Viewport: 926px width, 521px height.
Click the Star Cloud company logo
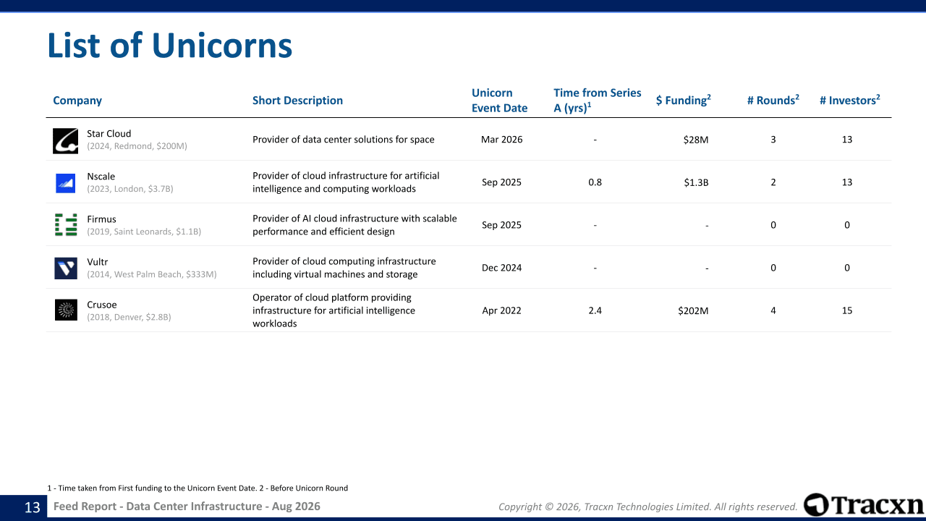click(x=65, y=141)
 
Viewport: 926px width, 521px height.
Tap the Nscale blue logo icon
click(x=65, y=183)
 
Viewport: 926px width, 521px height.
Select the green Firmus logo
click(x=66, y=225)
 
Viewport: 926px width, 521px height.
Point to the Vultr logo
click(x=66, y=268)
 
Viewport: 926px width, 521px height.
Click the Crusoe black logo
click(x=66, y=310)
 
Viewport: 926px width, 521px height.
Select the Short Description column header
click(x=297, y=101)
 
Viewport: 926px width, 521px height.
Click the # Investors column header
click(x=850, y=100)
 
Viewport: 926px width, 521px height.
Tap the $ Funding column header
click(x=684, y=100)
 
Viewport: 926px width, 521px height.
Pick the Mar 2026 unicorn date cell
click(x=501, y=140)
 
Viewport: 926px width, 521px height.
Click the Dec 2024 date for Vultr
click(x=501, y=268)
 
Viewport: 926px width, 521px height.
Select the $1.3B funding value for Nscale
click(x=696, y=183)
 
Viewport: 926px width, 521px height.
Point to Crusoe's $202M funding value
click(x=693, y=310)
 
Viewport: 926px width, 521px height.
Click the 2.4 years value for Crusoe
click(x=595, y=310)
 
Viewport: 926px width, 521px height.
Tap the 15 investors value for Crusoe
click(x=847, y=310)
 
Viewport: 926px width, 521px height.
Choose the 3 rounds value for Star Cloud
click(x=773, y=140)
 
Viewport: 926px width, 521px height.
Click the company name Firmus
click(x=101, y=219)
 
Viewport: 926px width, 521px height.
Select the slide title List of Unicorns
click(x=170, y=45)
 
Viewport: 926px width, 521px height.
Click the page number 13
click(x=33, y=507)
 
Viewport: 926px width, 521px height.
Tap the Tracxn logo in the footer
click(x=863, y=505)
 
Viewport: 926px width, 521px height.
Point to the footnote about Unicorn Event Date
click(x=197, y=488)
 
